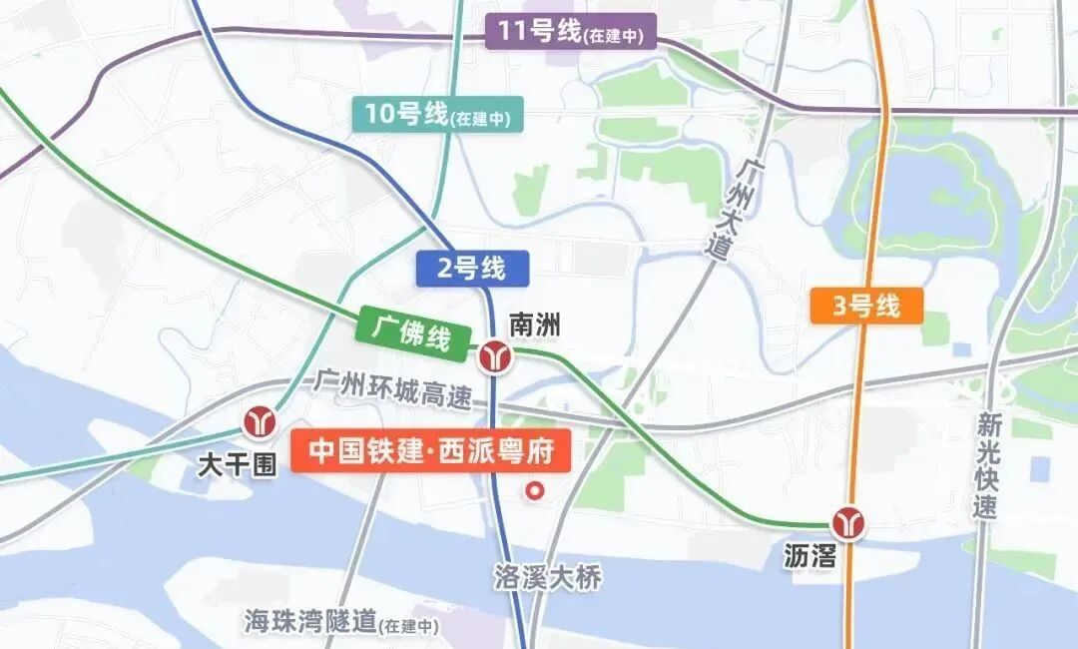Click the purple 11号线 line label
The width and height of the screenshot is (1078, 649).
570,33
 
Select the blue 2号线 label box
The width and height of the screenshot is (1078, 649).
471,268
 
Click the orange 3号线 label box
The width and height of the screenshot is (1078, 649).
866,306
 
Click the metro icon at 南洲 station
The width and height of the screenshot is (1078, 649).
493,355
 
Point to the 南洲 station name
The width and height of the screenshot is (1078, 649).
535,324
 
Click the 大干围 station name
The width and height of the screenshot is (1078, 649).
237,464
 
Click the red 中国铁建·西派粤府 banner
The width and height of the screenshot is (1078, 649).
431,451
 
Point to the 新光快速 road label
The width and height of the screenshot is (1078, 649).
986,465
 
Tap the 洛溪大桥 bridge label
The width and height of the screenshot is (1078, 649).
548,577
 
